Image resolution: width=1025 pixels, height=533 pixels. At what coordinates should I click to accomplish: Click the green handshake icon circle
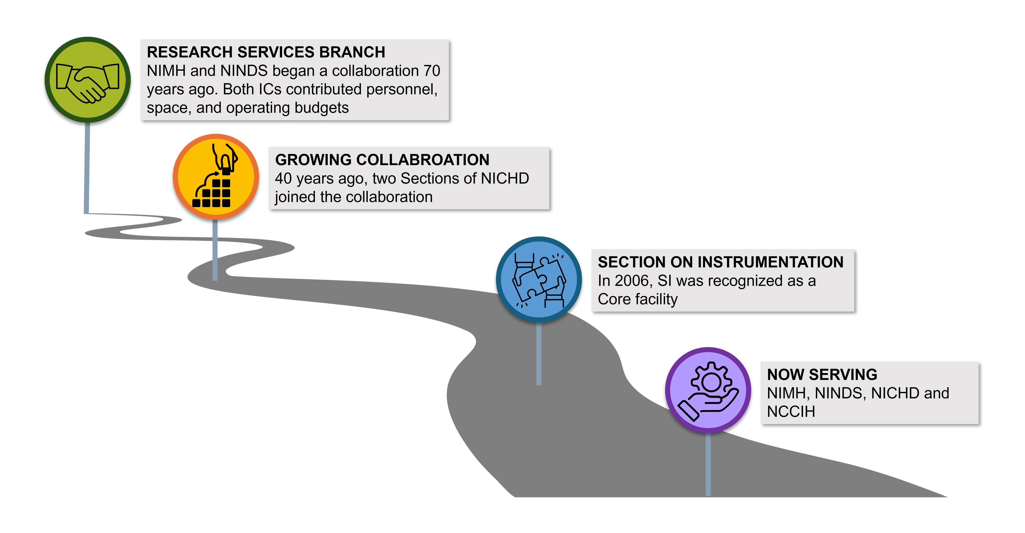[x=88, y=80]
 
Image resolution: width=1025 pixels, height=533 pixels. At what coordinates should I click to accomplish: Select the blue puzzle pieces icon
[x=539, y=279]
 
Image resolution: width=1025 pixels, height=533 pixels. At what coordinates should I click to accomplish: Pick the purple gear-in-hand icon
[x=708, y=390]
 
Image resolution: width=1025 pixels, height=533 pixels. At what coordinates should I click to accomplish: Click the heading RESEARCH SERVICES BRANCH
[x=266, y=52]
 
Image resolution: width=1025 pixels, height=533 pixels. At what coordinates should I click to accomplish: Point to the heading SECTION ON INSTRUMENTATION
[x=720, y=262]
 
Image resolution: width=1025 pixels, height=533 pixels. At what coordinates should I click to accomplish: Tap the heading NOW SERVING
[x=822, y=374]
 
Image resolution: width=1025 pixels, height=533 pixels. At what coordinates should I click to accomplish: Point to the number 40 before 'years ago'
[x=283, y=178]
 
